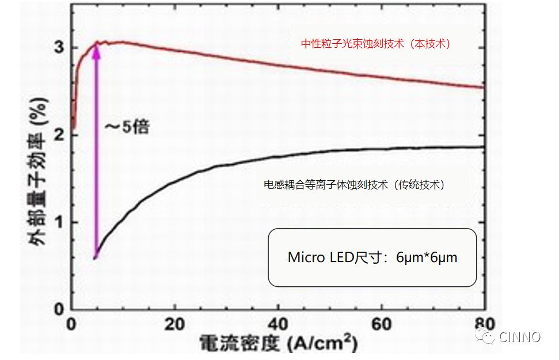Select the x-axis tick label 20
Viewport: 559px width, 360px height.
174,324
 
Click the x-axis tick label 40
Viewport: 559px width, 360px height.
277,324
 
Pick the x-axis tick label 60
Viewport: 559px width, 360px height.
381,324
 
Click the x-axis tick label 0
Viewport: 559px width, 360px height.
71,324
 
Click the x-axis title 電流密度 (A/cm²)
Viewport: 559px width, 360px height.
278,344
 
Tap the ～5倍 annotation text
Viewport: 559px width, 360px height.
127,127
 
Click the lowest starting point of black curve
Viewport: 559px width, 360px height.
95,257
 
